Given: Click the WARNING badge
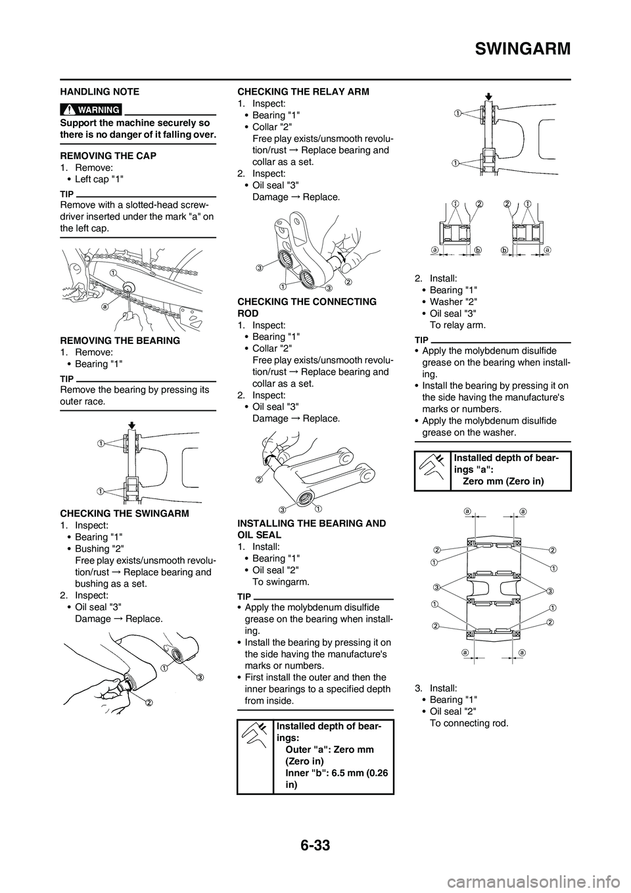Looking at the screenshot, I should (x=91, y=109).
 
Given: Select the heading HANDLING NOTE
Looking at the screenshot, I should (x=99, y=91).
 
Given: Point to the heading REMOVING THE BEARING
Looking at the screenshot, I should (x=120, y=341).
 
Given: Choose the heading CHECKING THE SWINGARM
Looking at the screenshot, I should (x=124, y=513).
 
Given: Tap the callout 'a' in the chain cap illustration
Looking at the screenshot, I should (x=105, y=306).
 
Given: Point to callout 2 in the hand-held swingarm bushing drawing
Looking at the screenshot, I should (x=149, y=702).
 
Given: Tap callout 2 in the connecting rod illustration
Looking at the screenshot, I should (x=259, y=479).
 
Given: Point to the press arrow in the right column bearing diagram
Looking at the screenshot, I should (x=487, y=95).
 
